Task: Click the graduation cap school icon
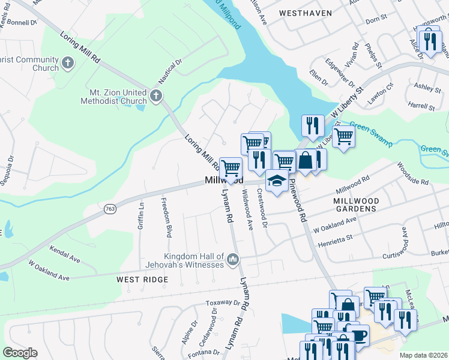276,181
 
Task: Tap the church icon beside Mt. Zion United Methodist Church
155,95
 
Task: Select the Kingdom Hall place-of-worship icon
232,260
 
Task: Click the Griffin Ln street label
142,214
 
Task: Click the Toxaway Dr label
223,303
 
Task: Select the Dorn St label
376,20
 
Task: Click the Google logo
20,353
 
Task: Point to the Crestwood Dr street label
262,208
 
